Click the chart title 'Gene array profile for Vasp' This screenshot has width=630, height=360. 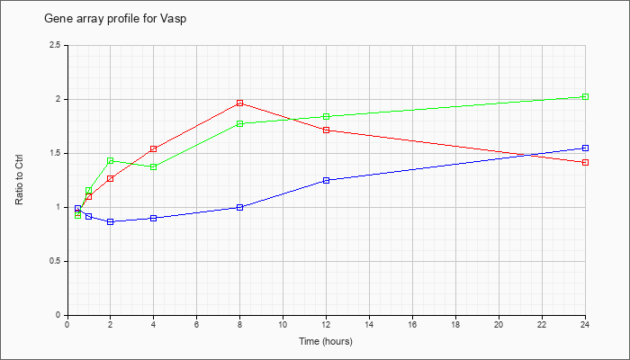click(x=115, y=19)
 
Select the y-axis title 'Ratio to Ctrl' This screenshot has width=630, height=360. click(x=19, y=180)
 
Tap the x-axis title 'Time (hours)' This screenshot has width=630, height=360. click(x=326, y=341)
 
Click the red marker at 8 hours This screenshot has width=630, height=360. click(x=240, y=103)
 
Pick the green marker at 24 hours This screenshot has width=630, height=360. click(x=585, y=97)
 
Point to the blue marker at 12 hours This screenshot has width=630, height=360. click(x=326, y=180)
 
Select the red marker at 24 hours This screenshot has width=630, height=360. click(x=585, y=162)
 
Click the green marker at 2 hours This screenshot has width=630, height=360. click(x=110, y=161)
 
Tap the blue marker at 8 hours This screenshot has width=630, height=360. click(x=240, y=207)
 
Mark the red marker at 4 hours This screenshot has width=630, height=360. click(x=153, y=148)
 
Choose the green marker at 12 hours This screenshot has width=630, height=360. click(x=326, y=116)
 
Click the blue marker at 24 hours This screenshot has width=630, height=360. click(x=585, y=148)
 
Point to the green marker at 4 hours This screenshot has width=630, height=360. click(x=153, y=166)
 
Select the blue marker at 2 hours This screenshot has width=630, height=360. click(x=110, y=221)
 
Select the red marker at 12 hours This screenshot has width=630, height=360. click(x=326, y=130)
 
